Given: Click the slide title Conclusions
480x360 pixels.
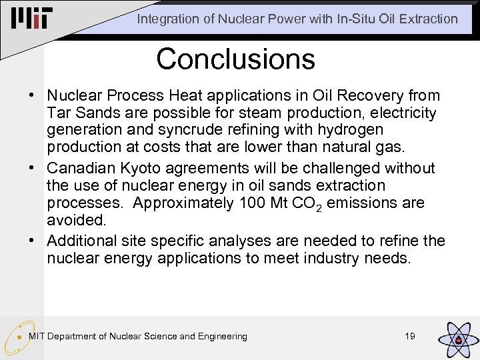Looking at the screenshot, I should point(235,59).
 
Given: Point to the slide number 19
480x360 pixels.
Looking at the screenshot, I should point(410,336).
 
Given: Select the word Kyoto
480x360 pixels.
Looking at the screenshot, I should point(149,168).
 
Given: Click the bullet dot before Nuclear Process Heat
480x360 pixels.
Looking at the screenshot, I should point(32,95).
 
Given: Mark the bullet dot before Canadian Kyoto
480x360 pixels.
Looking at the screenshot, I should point(32,168).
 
